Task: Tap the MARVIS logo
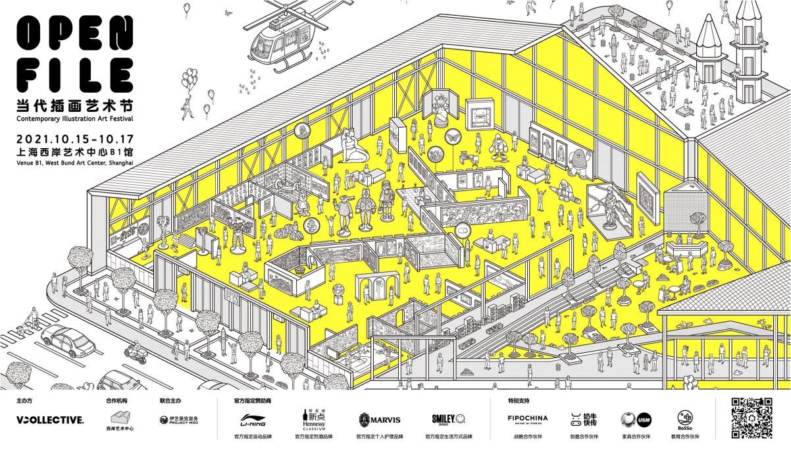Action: click(x=379, y=419)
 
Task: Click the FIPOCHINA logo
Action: click(x=527, y=419)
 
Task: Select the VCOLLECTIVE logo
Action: click(x=50, y=419)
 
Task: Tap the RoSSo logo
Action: click(x=684, y=419)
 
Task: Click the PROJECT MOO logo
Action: click(x=179, y=419)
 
